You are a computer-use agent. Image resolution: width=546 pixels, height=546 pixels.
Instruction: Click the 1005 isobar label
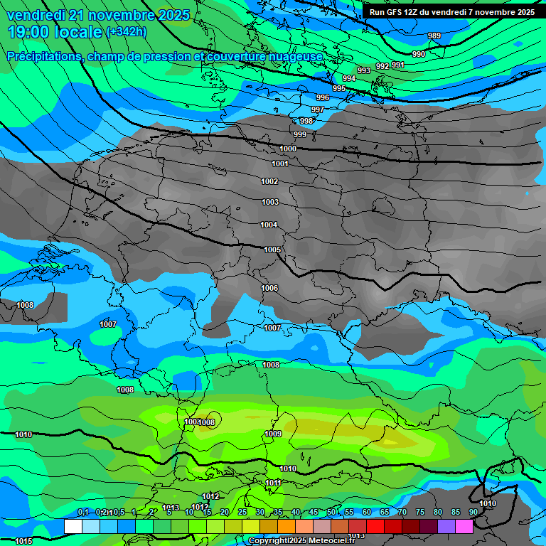pyautogui.click(x=272, y=250)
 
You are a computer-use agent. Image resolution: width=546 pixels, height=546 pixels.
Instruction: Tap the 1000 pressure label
pyautogui.click(x=288, y=149)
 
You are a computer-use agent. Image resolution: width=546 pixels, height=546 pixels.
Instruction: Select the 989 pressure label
pyautogui.click(x=434, y=36)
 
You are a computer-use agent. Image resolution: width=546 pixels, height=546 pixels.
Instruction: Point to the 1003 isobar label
pyautogui.click(x=269, y=203)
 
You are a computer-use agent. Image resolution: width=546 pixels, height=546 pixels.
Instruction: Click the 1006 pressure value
pyautogui.click(x=269, y=288)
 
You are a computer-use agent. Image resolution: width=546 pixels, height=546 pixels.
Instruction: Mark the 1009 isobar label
pyautogui.click(x=273, y=434)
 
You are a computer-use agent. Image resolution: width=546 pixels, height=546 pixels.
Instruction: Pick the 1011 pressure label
pyautogui.click(x=274, y=483)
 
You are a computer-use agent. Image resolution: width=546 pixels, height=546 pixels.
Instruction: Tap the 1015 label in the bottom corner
pyautogui.click(x=23, y=541)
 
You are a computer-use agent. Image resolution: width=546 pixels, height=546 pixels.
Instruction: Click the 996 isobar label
pyautogui.click(x=323, y=97)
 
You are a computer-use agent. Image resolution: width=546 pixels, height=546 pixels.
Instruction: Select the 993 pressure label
pyautogui.click(x=364, y=70)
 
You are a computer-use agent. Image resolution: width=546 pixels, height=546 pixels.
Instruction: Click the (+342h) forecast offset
pyautogui.click(x=127, y=31)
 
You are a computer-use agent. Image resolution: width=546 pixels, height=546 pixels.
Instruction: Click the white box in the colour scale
pyautogui.click(x=73, y=526)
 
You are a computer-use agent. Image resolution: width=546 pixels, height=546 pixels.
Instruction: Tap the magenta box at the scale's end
pyautogui.click(x=464, y=526)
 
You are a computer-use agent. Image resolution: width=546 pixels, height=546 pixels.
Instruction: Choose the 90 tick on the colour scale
pyautogui.click(x=473, y=512)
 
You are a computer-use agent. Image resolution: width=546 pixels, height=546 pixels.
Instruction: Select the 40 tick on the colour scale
pyautogui.click(x=296, y=512)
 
